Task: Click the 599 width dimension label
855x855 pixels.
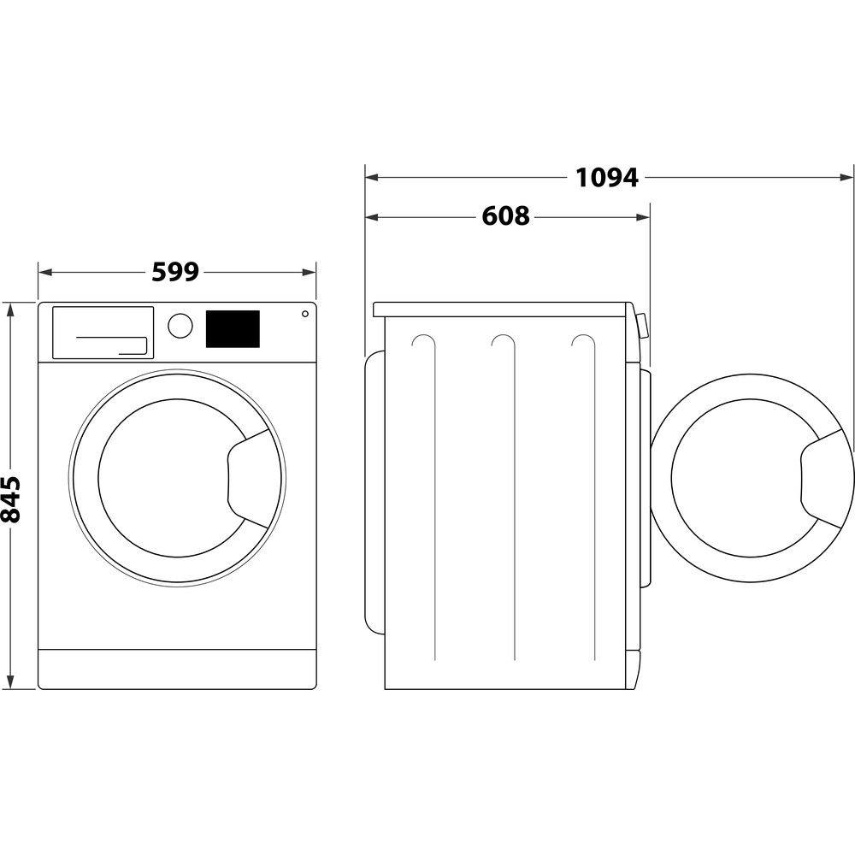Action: [x=175, y=272]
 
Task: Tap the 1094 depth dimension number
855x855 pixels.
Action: [x=606, y=178]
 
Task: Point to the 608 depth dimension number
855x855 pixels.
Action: [x=505, y=217]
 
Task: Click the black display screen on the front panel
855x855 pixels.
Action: [x=233, y=329]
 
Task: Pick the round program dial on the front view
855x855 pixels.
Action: [x=180, y=326]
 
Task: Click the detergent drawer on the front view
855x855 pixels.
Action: [x=103, y=333]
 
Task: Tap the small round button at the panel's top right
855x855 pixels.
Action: [x=304, y=314]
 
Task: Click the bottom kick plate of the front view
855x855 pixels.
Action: [x=177, y=668]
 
